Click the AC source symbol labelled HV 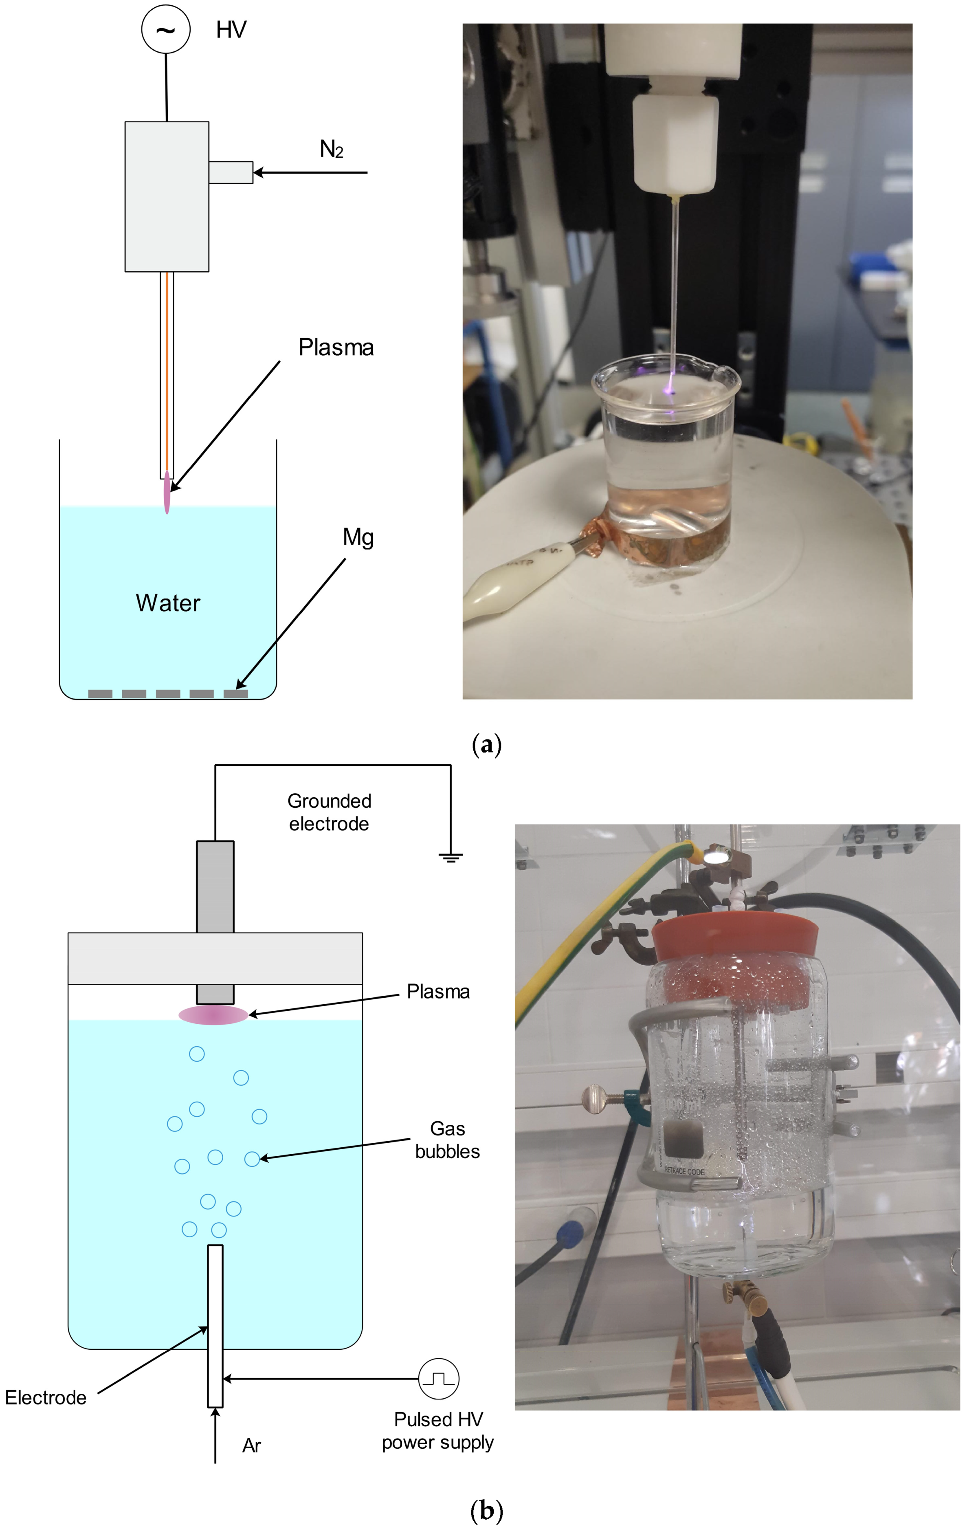[166, 30]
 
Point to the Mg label [358, 538]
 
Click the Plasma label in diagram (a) [336, 348]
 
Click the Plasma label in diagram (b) [438, 992]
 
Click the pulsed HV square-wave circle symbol [438, 1379]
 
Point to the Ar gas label [251, 1446]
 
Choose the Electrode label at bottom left [46, 1397]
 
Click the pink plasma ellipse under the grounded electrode [213, 1015]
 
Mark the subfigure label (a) [487, 744]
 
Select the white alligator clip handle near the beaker [501, 590]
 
